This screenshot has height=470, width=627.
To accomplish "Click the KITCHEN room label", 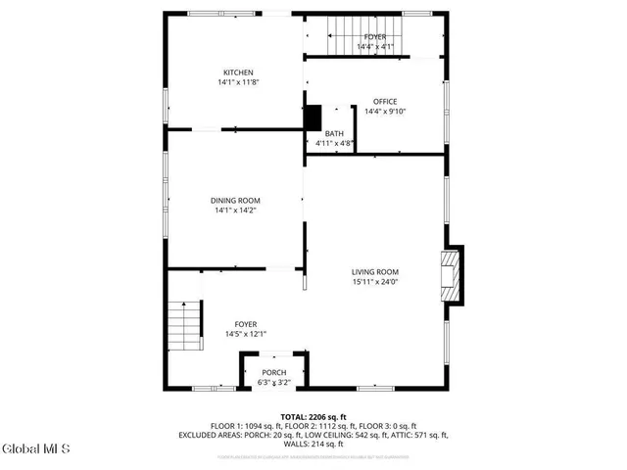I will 238,72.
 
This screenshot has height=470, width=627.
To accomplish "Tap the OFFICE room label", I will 384,101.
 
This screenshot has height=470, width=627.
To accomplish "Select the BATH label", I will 334,133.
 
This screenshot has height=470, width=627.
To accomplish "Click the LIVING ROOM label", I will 375,272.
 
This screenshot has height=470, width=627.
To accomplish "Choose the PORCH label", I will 274,372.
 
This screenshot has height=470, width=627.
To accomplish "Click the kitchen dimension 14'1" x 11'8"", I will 238,83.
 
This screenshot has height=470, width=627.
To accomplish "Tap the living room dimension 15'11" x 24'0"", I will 375,283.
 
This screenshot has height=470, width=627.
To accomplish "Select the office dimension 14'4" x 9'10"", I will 384,112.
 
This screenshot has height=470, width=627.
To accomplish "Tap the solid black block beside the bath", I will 313,117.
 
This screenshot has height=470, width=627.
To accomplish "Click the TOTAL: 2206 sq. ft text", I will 313,417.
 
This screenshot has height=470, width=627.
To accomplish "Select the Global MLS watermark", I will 36,450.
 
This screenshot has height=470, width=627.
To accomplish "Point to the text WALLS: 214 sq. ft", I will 313,444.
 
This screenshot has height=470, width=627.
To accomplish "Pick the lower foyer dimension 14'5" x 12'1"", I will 245,335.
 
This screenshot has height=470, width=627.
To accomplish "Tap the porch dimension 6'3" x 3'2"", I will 274,382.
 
